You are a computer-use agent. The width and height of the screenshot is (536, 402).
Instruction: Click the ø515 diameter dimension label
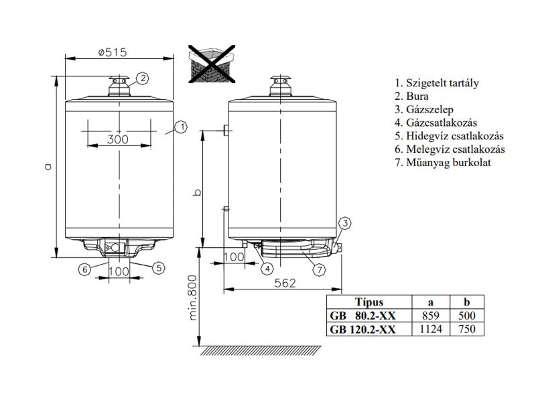coord(113,52)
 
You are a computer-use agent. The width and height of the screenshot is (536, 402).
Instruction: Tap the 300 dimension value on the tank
coord(118,139)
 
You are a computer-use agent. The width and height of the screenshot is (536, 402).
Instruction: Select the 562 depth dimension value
coord(285,283)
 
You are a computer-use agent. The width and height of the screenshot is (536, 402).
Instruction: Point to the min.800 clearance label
coord(193,297)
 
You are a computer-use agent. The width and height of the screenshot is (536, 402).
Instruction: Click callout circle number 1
coord(181,127)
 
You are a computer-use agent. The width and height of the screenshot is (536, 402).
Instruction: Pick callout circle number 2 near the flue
coord(143,78)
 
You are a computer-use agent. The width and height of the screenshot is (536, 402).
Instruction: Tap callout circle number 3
coord(345,224)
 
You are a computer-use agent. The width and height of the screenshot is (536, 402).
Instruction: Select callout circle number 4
coord(267,269)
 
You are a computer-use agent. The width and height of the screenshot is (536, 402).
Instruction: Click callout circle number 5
coord(158,268)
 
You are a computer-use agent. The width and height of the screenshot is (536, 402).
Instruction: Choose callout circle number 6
coord(85,269)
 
